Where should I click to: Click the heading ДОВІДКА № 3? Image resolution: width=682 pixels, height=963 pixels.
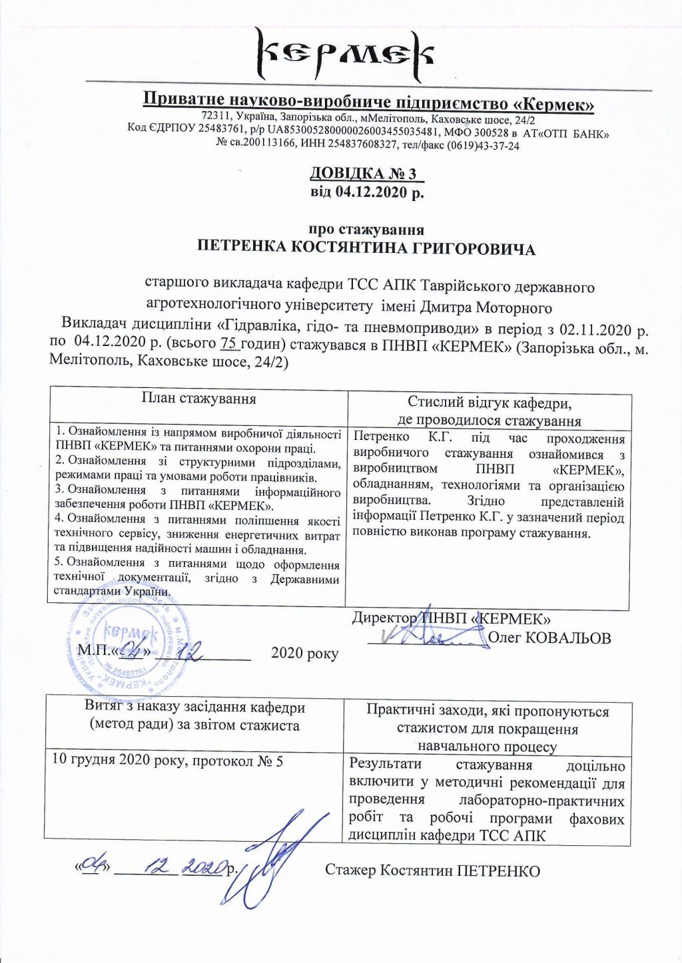[366, 174]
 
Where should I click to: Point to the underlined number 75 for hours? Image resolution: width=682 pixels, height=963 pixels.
[228, 344]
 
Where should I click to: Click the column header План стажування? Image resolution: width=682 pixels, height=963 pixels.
[198, 399]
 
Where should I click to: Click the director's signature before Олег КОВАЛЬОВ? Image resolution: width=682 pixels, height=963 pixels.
[426, 637]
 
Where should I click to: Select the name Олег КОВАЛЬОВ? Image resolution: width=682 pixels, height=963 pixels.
[549, 638]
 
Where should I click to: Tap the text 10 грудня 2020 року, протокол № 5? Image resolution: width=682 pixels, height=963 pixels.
[167, 761]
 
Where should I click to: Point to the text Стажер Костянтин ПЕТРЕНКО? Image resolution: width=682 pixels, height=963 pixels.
[432, 870]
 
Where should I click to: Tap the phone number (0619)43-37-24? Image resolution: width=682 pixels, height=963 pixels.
[483, 146]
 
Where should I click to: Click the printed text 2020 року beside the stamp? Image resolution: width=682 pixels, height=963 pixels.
[304, 654]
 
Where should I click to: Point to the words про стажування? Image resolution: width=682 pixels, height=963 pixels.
[366, 230]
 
